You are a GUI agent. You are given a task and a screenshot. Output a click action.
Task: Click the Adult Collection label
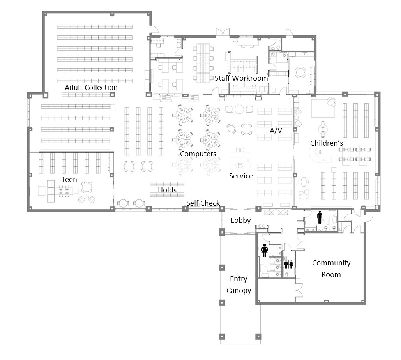(x=91, y=87)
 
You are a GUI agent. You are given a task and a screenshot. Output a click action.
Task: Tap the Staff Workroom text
(x=241, y=78)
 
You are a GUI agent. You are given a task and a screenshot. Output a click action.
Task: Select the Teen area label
(x=69, y=180)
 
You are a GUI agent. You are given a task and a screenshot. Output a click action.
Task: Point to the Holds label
(x=167, y=190)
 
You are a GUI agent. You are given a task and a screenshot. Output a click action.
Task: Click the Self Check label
(x=203, y=203)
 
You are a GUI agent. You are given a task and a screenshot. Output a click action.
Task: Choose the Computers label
(x=198, y=154)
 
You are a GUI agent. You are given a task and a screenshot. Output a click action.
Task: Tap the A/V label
(x=276, y=131)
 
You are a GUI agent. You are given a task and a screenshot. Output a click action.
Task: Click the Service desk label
(x=241, y=176)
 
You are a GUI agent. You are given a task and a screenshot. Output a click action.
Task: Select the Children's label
(x=327, y=143)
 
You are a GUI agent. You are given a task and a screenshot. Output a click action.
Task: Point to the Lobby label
(x=241, y=221)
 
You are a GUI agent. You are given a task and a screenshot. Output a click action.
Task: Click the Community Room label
(x=331, y=268)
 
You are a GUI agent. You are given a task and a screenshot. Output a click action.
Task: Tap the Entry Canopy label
(x=238, y=284)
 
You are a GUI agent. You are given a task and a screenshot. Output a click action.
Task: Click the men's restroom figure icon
(x=320, y=217)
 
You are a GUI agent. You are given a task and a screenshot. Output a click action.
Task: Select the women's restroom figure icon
(x=265, y=250)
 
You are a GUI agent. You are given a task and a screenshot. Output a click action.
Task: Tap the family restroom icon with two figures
(x=288, y=265)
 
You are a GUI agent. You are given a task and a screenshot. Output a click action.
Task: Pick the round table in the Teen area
(x=87, y=187)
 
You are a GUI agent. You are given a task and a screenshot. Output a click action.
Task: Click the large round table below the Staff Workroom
(x=239, y=109)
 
